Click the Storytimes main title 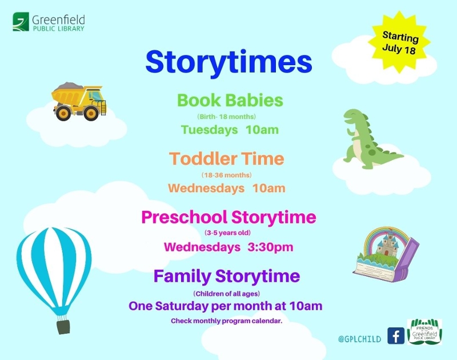[229, 63]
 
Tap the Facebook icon [396, 336]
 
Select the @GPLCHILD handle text [360, 339]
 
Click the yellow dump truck [79, 101]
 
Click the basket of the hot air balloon [63, 327]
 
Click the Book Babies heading [230, 100]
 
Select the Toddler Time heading [226, 159]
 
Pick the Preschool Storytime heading [229, 218]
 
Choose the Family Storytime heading [227, 276]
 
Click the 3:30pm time [270, 247]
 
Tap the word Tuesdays [209, 130]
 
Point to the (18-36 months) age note [226, 175]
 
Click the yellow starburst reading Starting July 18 [399, 42]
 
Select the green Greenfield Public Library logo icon [21, 22]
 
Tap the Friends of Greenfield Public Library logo [424, 332]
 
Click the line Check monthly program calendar [226, 321]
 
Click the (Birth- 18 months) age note [226, 117]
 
